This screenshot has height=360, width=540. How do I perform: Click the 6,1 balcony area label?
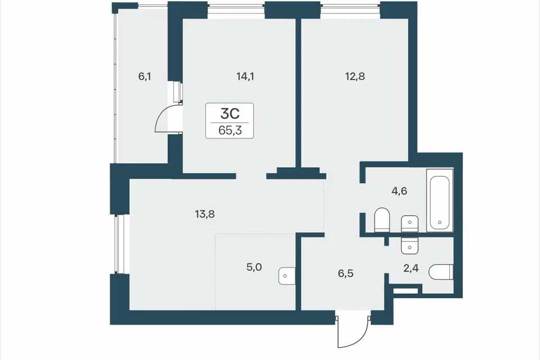point(145,76)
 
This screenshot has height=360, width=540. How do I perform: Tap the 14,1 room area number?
point(245,76)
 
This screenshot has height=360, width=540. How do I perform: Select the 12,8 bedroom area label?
point(355,76)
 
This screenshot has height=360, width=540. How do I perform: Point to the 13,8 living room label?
point(205,214)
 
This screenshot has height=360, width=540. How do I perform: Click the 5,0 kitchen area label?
point(254,267)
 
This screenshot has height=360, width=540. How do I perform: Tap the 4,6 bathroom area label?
point(399,191)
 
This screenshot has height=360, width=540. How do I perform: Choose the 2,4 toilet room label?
point(411,268)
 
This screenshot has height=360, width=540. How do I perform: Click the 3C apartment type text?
point(229,113)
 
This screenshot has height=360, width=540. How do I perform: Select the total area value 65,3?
point(229,131)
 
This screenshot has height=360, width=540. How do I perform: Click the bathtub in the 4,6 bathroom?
point(440,200)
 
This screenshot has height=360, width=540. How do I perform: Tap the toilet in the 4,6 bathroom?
point(382,220)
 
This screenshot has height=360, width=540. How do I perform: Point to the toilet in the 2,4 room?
point(441,272)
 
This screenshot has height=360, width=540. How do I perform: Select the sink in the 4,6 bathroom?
point(410,223)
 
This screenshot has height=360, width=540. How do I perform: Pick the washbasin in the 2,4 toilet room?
point(410,245)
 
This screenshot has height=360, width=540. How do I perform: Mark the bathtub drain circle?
point(440,223)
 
